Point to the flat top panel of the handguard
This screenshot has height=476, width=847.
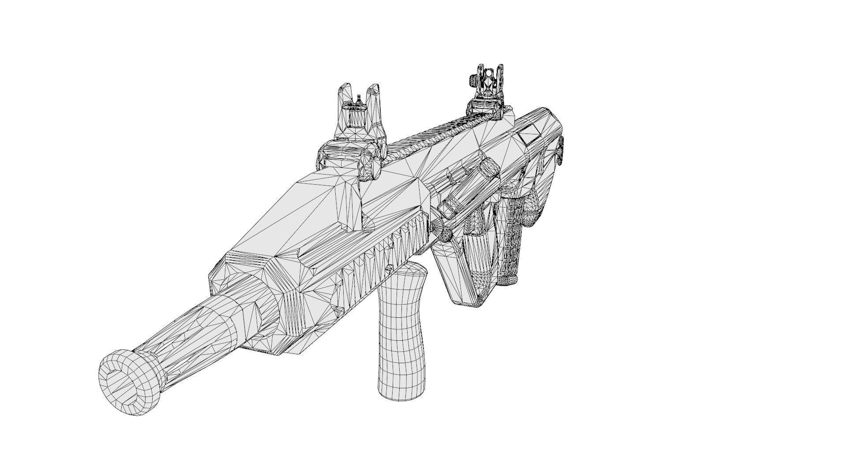tap(309, 207)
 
